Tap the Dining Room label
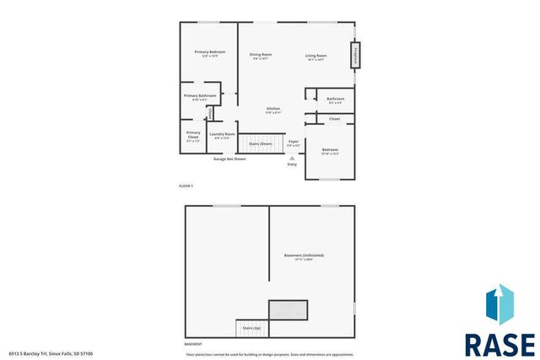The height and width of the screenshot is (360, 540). click(x=261, y=55)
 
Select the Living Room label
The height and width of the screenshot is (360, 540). click(x=316, y=56)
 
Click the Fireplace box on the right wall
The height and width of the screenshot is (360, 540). click(x=356, y=56)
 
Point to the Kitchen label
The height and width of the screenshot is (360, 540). click(x=273, y=109)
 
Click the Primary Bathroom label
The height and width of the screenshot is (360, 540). click(x=201, y=96)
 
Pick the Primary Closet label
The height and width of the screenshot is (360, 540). click(x=193, y=134)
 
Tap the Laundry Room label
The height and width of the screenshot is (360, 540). click(x=223, y=134)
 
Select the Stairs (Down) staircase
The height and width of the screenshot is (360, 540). click(x=260, y=144)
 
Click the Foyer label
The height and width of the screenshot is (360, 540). click(x=293, y=142)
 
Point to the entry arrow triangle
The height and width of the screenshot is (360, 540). click(x=293, y=158)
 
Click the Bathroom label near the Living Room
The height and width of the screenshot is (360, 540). click(x=334, y=99)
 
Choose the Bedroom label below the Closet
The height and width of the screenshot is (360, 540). click(x=330, y=149)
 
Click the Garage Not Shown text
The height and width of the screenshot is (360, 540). click(x=229, y=159)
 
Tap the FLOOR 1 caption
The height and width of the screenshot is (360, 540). click(x=186, y=185)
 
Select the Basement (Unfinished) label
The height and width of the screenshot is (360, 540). click(x=304, y=255)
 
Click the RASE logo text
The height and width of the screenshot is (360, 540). click(x=499, y=344)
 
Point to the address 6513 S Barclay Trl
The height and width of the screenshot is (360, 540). click(x=51, y=354)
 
